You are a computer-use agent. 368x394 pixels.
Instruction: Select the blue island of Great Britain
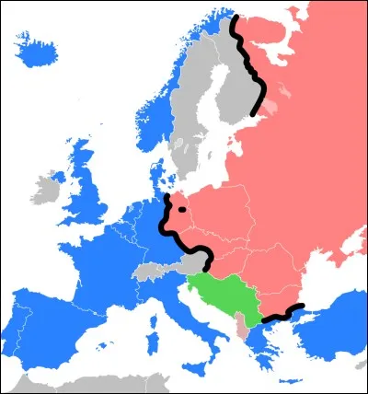click(x=86, y=184)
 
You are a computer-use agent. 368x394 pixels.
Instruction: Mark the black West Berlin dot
click(x=184, y=210)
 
